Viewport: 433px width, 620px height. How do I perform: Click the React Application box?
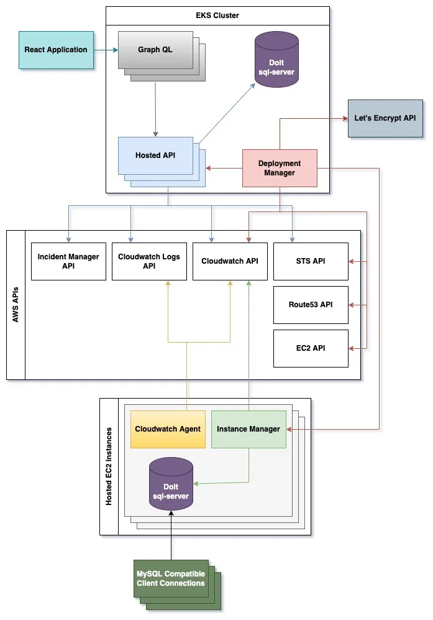[x=56, y=50]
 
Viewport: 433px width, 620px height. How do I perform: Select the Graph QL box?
[x=155, y=50]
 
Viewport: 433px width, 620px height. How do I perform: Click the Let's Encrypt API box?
[x=385, y=118]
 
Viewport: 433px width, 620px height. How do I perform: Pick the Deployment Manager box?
[x=280, y=168]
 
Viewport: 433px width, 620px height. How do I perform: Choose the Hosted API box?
[x=155, y=155]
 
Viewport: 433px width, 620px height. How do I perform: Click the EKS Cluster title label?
[x=217, y=16]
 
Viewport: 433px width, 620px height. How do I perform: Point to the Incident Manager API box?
[x=68, y=261]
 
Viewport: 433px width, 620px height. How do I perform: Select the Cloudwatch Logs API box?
[x=149, y=261]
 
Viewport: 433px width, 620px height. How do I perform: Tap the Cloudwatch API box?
[x=230, y=261]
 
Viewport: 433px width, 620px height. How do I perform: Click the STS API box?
[x=311, y=261]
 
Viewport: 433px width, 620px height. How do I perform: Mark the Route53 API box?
[x=311, y=305]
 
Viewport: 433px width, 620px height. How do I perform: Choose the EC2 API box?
[x=311, y=348]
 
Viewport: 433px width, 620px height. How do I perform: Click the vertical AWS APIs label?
[x=16, y=305]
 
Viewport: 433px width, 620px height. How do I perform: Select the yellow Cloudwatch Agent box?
[x=168, y=429]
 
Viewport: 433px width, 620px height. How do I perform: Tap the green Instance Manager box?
[x=248, y=429]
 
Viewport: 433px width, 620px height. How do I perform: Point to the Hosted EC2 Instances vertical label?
[x=109, y=466]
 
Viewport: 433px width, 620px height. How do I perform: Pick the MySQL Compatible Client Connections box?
[x=171, y=579]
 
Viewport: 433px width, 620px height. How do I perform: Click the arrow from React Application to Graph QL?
[x=106, y=50]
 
